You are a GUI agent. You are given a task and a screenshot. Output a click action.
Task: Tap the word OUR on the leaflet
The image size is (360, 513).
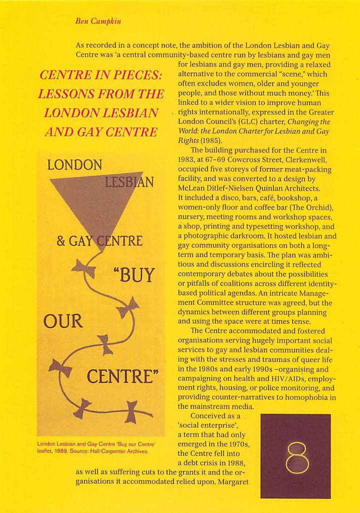[63, 320]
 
